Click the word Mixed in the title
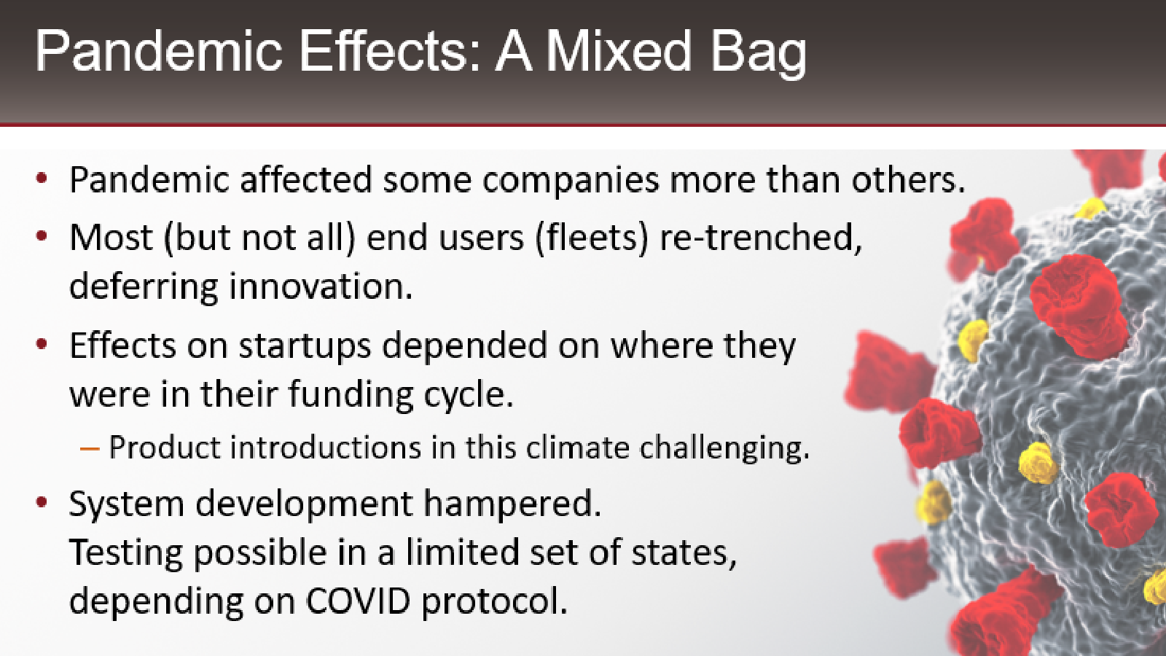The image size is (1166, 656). (x=619, y=51)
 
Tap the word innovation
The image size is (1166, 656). (x=321, y=286)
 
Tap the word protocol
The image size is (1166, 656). (x=494, y=603)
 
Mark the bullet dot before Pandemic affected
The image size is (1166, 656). (x=42, y=179)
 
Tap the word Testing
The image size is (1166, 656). (x=125, y=554)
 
